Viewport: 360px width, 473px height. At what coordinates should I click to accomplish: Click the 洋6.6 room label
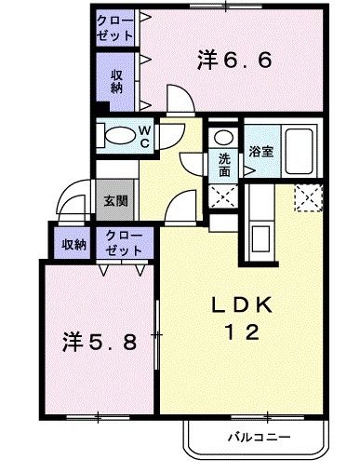click(x=234, y=61)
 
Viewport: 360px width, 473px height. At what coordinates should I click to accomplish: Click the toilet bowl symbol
click(x=117, y=136)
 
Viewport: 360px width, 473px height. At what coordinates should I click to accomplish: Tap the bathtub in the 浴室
click(x=299, y=150)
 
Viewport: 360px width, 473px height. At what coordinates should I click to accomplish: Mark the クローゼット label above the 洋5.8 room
click(x=124, y=244)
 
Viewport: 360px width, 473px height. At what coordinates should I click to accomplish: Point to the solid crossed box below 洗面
click(x=224, y=196)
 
